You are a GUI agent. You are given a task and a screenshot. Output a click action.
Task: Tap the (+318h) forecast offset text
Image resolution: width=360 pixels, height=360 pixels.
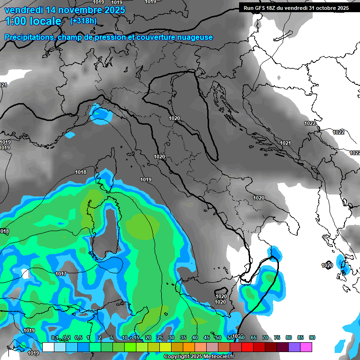[x=83, y=21]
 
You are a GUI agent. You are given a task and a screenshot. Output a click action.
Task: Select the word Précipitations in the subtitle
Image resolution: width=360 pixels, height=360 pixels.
[x=29, y=37]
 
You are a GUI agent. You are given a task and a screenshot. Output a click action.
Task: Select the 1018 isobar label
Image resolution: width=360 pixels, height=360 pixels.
[x=81, y=172]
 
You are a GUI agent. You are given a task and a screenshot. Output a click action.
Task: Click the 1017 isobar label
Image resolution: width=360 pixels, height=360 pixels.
[x=61, y=274]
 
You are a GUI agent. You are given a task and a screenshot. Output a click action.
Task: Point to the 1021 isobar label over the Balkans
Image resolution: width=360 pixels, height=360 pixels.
[x=285, y=143]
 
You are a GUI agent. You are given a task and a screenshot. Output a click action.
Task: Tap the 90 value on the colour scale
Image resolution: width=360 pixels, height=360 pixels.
[x=312, y=337]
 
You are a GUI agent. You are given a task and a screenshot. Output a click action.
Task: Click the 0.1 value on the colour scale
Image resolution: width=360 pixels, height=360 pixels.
[x=54, y=337]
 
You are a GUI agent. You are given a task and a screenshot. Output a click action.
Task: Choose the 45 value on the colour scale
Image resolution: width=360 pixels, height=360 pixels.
[x=207, y=337]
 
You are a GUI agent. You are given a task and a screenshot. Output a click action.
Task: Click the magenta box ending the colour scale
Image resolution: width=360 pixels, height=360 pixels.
[x=306, y=347]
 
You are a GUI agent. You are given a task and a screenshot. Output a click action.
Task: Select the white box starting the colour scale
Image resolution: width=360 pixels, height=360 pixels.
[x=48, y=347]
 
